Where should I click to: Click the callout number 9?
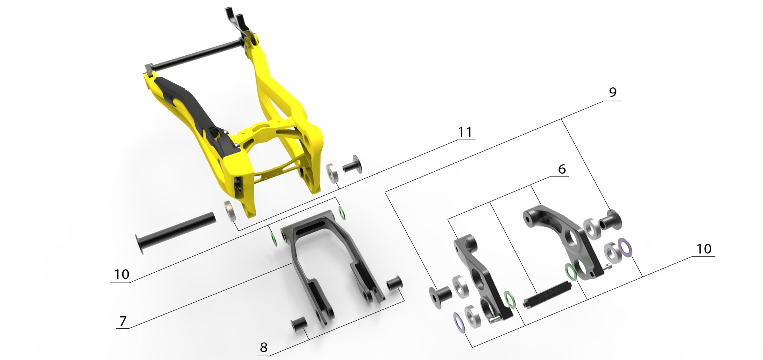(x=612, y=92)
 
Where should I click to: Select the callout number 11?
(x=465, y=132)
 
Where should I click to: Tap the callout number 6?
(x=562, y=169)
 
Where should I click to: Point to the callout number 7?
(x=123, y=321)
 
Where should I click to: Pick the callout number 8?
(x=264, y=348)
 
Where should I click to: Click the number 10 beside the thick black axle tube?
(x=122, y=274)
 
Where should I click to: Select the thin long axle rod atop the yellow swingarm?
(x=195, y=55)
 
